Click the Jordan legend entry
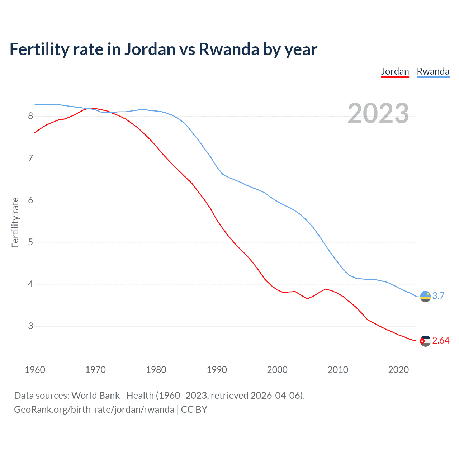395,71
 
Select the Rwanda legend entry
433,71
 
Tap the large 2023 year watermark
378,113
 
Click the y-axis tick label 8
30,116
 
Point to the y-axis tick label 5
30,242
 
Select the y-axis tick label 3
30,326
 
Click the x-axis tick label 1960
35,370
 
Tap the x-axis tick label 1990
217,370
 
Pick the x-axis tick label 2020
398,370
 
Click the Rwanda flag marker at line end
425,297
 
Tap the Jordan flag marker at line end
425,341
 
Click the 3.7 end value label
438,296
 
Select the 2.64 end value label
441,340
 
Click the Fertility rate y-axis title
15,222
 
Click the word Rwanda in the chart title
229,49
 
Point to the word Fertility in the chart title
39,49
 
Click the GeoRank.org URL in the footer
94,409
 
